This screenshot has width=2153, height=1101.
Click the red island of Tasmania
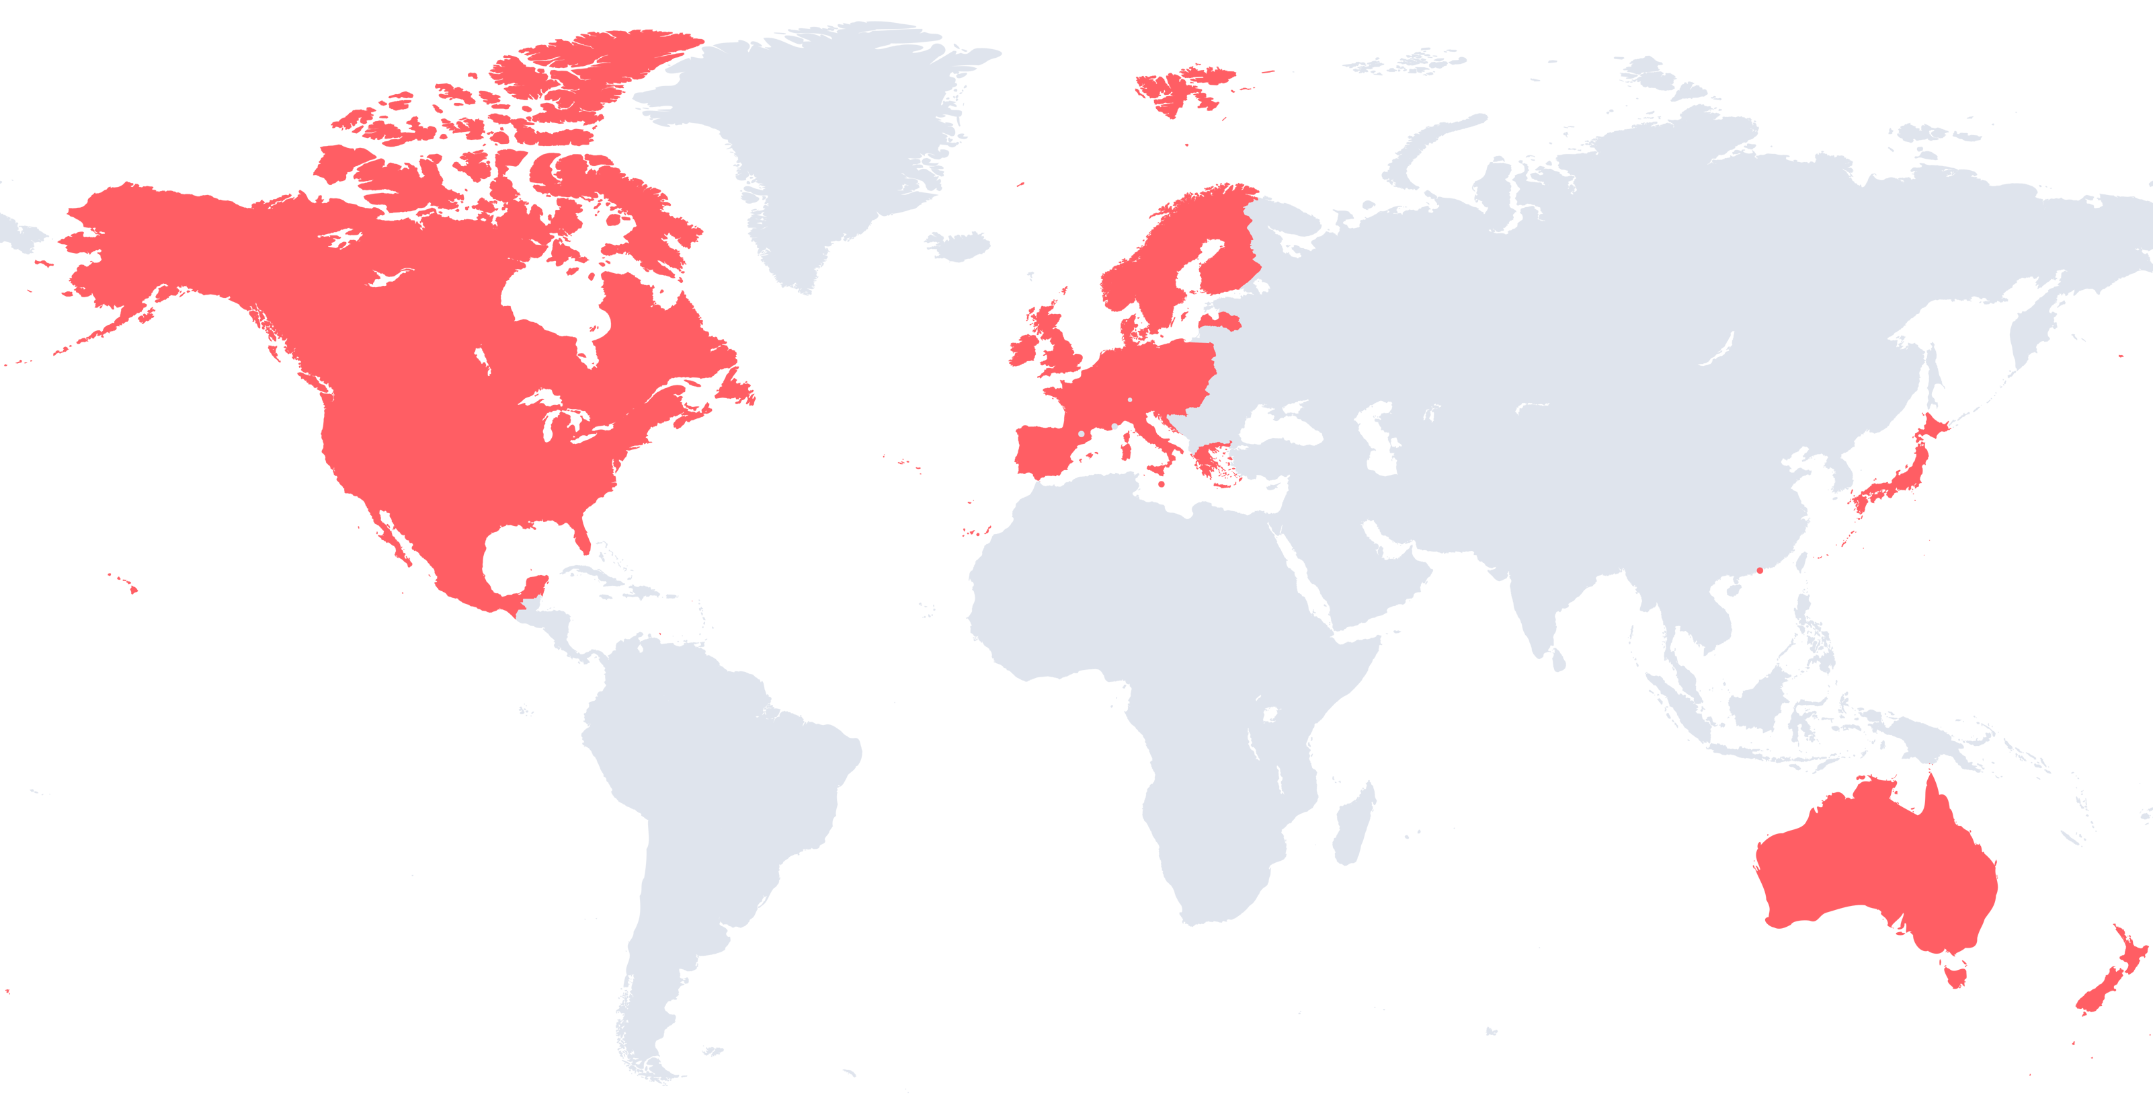(x=1958, y=974)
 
